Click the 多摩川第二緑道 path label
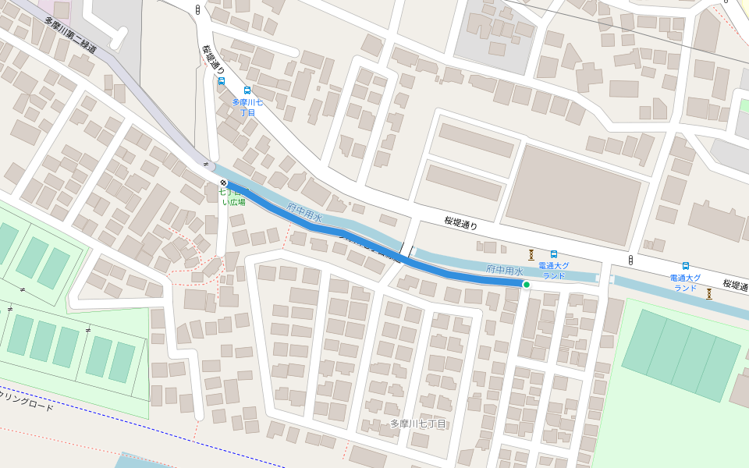pyautogui.click(x=70, y=35)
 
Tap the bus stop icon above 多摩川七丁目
pyautogui.click(x=248, y=90)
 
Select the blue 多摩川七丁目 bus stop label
pyautogui.click(x=247, y=108)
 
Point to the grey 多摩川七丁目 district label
pyautogui.click(x=417, y=424)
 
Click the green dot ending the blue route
pyautogui.click(x=526, y=285)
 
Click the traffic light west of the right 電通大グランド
pyautogui.click(x=630, y=260)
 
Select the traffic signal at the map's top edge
pyautogui.click(x=197, y=10)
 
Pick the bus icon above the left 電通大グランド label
pyautogui.click(x=554, y=254)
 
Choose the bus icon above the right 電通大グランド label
pyautogui.click(x=686, y=266)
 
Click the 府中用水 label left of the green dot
pyautogui.click(x=503, y=270)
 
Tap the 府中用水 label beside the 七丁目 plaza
pyautogui.click(x=304, y=213)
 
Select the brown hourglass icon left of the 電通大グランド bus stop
pyautogui.click(x=531, y=254)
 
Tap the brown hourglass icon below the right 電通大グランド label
pyautogui.click(x=708, y=294)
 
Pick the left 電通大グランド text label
pyautogui.click(x=553, y=271)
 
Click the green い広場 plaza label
pyautogui.click(x=234, y=202)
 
